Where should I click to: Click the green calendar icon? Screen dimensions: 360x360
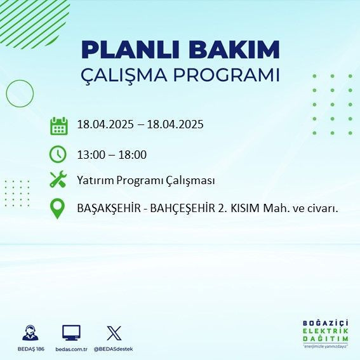pyautogui.click(x=58, y=126)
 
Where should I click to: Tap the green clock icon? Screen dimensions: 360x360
pyautogui.click(x=58, y=154)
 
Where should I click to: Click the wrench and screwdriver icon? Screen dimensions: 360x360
pyautogui.click(x=58, y=180)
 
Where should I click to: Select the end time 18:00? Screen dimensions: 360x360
pyautogui.click(x=133, y=154)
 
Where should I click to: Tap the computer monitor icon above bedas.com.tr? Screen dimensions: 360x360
pyautogui.click(x=71, y=333)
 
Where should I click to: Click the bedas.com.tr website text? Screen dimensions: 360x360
pyautogui.click(x=70, y=349)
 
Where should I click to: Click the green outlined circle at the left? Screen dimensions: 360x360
pyautogui.click(x=19, y=93)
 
